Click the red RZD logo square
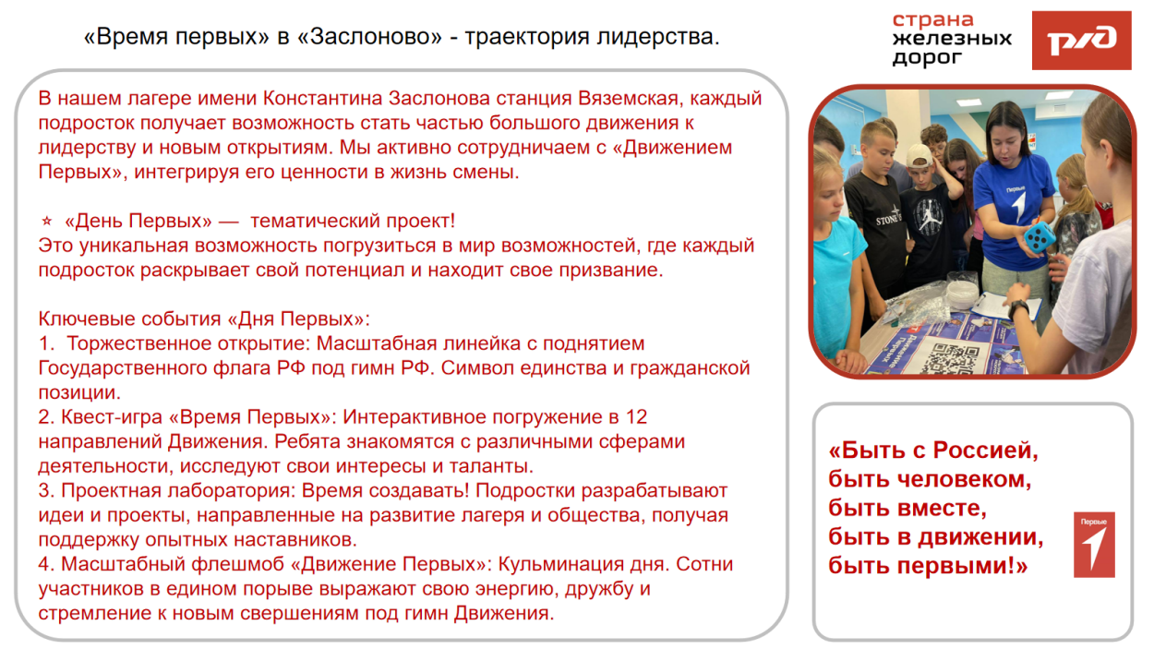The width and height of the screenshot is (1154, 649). (1081, 41)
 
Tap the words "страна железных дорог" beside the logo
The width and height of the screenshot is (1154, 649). (951, 40)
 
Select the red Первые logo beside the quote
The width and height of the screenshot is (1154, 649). (1094, 545)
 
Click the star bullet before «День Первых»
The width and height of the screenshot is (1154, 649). (46, 222)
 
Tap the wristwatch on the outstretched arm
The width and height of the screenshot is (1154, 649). (1019, 309)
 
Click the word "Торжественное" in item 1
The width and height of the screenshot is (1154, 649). (128, 343)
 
